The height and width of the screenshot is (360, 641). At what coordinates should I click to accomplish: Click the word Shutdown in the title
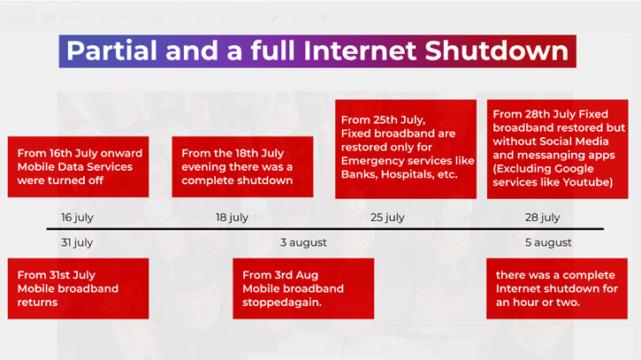coord(496,50)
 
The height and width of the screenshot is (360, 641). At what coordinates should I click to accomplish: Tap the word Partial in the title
coord(111,50)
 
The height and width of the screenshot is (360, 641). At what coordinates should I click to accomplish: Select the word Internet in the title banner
coord(361,50)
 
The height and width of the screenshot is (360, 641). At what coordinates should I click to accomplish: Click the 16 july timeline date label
coord(77,218)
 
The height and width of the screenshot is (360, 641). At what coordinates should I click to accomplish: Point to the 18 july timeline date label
coord(233,218)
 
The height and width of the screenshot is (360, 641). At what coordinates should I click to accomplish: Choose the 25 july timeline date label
coord(387,218)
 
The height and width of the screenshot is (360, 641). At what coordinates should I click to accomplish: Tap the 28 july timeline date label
coord(543,218)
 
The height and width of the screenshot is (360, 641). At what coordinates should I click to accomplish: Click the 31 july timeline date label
coord(77,242)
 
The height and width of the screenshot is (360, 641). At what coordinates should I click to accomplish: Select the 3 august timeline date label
coord(303,242)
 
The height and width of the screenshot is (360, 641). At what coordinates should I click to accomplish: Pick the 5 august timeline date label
coord(548,242)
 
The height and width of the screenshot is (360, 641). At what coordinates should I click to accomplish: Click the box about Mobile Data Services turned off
coord(78,167)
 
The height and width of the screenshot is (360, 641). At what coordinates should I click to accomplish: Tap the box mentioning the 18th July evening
coord(242,167)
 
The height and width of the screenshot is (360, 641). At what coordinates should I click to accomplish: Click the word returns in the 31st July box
coord(38,303)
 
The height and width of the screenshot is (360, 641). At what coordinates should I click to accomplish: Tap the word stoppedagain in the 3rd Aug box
coord(282,303)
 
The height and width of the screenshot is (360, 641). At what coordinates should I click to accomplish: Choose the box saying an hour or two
coord(557,288)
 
